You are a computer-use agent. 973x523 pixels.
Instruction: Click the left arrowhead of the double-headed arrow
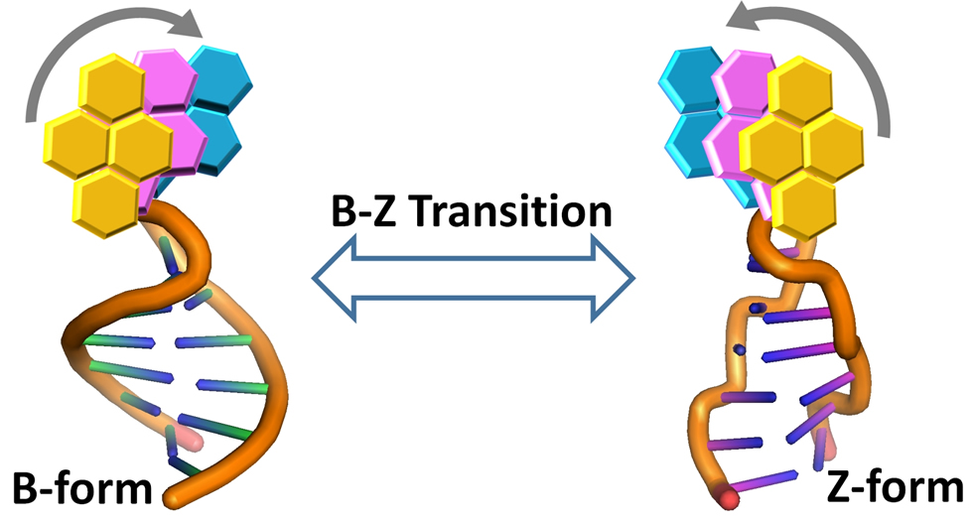pyautogui.click(x=333, y=282)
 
